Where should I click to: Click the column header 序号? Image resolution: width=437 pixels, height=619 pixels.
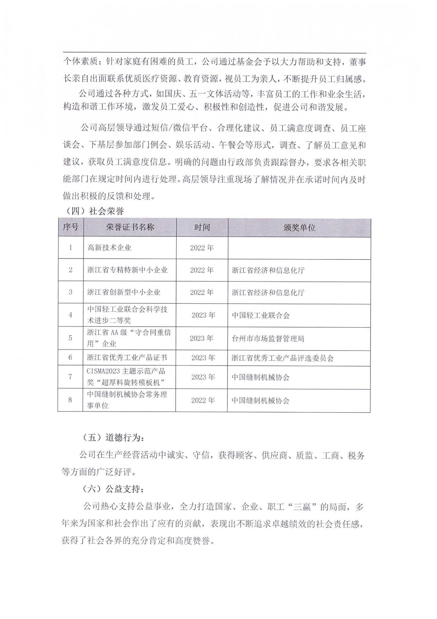click(71, 227)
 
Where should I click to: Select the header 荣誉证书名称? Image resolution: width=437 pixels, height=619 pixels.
click(130, 227)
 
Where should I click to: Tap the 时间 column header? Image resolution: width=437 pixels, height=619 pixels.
click(202, 227)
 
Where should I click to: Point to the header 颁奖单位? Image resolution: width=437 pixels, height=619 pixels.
click(299, 228)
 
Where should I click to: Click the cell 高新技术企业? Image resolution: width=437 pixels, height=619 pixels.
click(109, 248)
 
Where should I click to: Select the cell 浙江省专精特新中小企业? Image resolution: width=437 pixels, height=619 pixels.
click(127, 270)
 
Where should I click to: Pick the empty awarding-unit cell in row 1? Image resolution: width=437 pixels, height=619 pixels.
click(299, 248)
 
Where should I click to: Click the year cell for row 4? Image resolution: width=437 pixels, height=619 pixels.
click(203, 315)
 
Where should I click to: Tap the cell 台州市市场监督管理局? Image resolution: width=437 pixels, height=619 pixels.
click(268, 338)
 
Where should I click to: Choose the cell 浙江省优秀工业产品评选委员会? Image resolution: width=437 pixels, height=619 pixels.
click(283, 358)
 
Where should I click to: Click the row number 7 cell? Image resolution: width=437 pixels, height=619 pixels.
click(70, 377)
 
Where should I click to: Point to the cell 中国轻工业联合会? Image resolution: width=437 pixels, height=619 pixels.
click(260, 315)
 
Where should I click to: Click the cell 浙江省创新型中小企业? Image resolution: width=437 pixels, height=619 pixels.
click(124, 292)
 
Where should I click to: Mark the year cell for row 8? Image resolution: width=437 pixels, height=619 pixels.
click(203, 400)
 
